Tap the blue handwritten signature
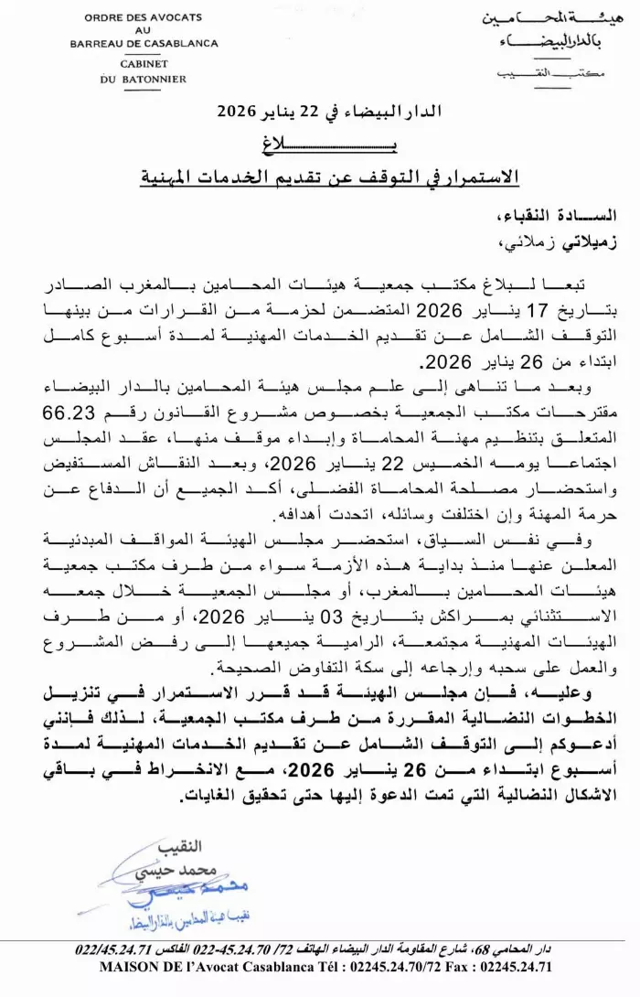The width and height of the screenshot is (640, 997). click(165, 888)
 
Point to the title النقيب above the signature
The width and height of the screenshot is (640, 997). click(179, 845)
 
